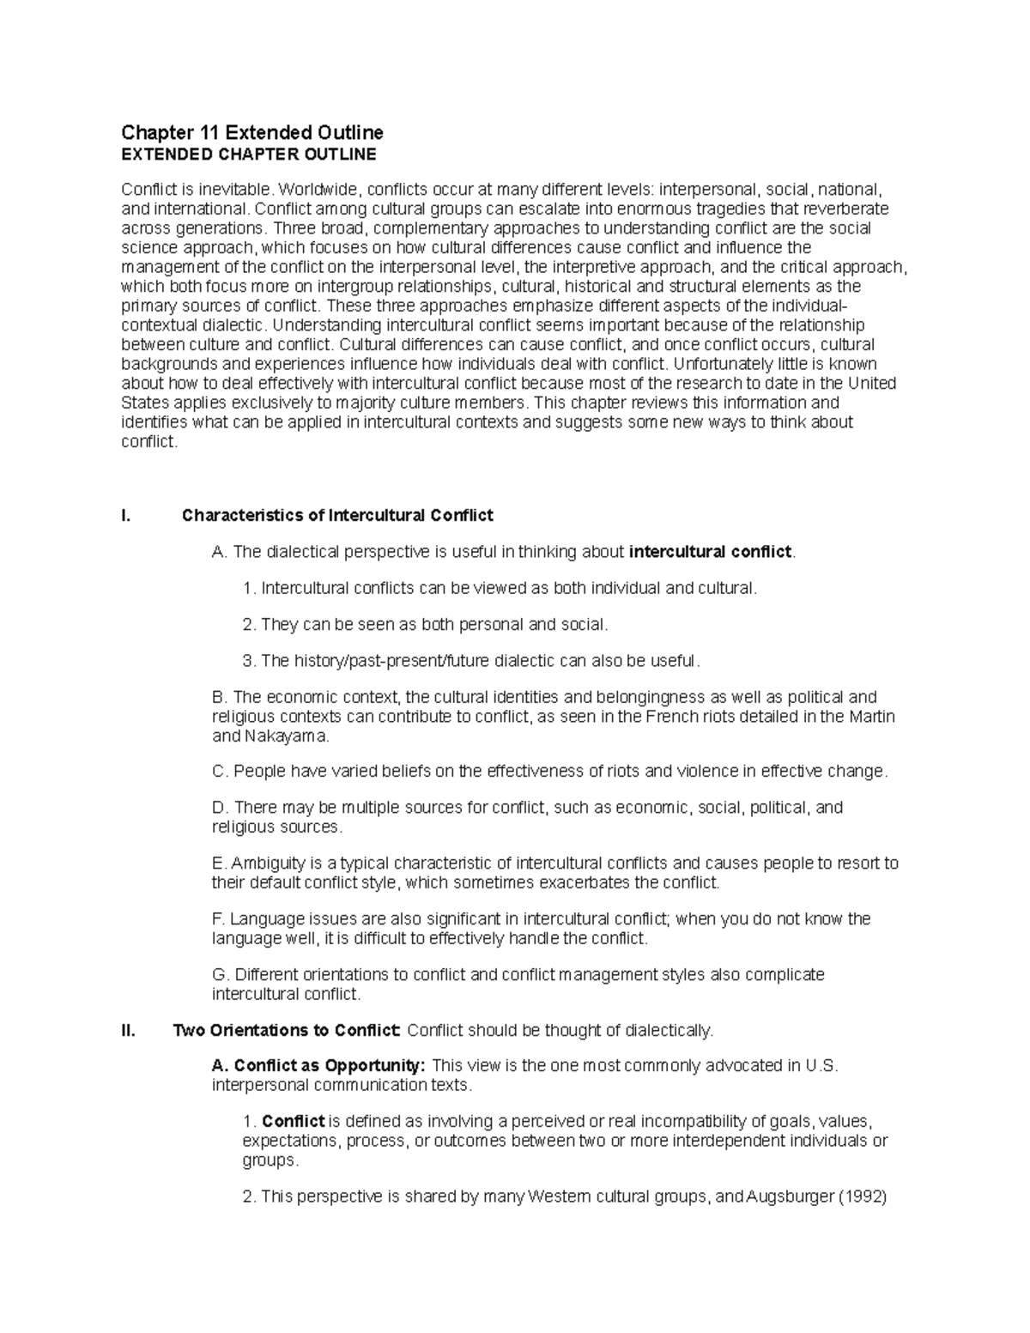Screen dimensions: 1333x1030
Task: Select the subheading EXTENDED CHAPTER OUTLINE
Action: pyautogui.click(x=248, y=155)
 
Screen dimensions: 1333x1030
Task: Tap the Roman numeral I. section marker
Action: pyautogui.click(x=127, y=515)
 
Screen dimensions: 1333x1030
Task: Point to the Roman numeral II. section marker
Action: pyautogui.click(x=129, y=1030)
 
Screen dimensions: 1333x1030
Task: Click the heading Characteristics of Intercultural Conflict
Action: pyautogui.click(x=337, y=515)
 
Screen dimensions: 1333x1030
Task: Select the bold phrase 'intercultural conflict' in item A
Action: pyautogui.click(x=710, y=552)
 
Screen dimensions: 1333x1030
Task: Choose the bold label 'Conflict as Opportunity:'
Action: pyautogui.click(x=318, y=1065)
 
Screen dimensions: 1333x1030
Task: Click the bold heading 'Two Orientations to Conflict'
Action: pyautogui.click(x=287, y=1030)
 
